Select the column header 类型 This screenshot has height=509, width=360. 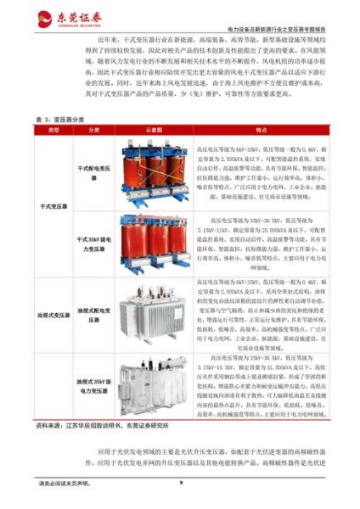tap(53, 131)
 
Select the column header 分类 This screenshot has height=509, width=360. tap(93, 131)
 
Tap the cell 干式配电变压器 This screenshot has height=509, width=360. tap(94, 173)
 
